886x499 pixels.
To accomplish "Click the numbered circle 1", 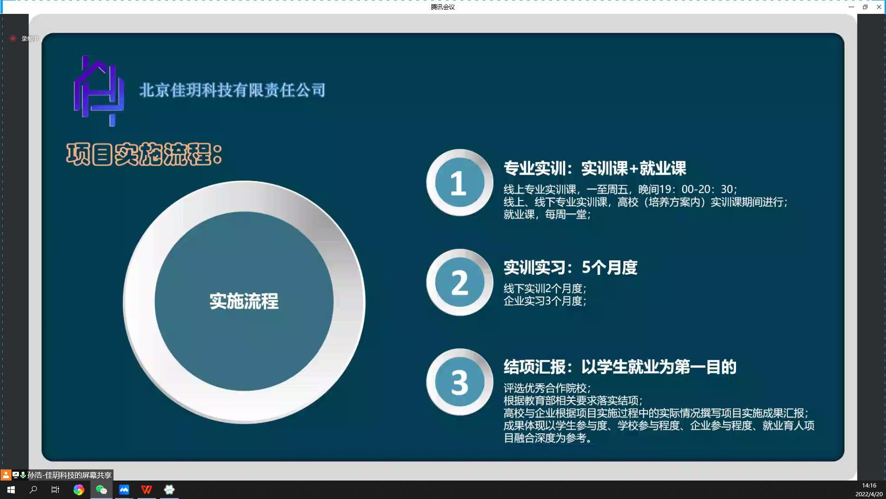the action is (460, 183).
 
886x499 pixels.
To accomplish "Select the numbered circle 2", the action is (460, 282).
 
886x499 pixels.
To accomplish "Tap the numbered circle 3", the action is (460, 382).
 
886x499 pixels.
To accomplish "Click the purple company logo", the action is (99, 91).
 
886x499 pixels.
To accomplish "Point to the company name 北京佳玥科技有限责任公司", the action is (233, 90).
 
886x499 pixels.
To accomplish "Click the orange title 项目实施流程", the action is (144, 154).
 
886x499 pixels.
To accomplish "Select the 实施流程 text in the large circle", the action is (244, 301).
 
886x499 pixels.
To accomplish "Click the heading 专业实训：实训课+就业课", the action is (595, 168).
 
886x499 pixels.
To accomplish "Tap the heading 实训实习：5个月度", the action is (570, 268).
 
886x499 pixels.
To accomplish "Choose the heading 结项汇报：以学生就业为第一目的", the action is (620, 367).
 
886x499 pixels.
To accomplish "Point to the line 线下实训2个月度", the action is (545, 289).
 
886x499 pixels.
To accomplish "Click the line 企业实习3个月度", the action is (545, 301).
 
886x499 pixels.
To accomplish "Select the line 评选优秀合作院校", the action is (547, 388).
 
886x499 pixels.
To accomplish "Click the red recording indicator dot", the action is (13, 38).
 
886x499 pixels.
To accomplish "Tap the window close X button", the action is (879, 7).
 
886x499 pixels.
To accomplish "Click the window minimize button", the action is (851, 7).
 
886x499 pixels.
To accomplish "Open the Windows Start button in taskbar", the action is (11, 490).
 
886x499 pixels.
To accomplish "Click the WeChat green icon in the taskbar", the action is (102, 490).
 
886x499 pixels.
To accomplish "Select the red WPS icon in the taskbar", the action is (147, 490).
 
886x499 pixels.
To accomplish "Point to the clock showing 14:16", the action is (869, 486).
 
